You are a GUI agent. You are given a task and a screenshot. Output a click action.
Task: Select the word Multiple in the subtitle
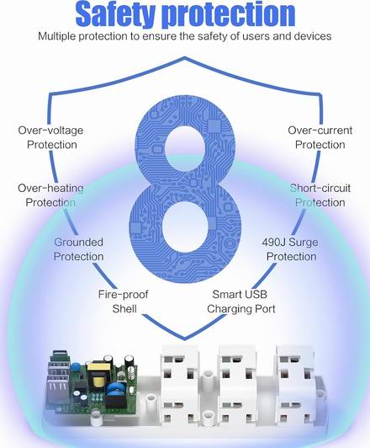pos(57,36)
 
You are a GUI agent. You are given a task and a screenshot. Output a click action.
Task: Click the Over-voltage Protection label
pos(51,137)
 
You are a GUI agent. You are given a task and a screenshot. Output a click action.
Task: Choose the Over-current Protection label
pos(320,137)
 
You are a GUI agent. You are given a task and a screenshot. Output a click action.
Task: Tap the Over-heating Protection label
pos(50,195)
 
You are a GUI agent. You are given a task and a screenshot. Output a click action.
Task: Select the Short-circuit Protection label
pos(320,195)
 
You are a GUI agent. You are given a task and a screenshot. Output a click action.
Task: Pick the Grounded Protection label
pos(78,249)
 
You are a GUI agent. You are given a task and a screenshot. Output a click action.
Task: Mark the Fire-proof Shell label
pos(124,301)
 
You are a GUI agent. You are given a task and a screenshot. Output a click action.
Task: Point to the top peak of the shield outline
pos(185,57)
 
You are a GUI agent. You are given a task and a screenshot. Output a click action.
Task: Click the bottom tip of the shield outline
pos(185,339)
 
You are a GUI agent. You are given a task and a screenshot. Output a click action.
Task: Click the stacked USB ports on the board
pos(58,379)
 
